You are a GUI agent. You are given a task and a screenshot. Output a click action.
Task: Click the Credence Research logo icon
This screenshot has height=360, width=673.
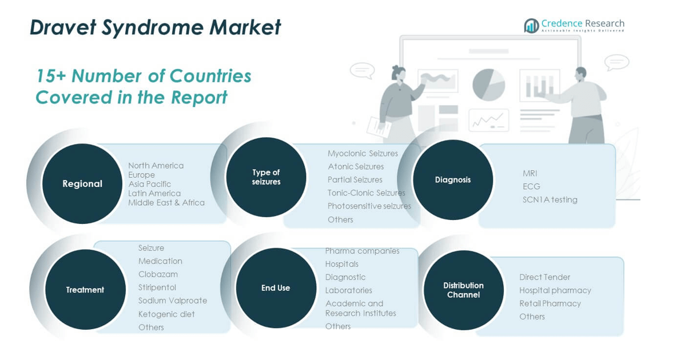531,26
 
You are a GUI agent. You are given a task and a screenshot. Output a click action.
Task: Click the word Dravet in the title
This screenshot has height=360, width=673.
63,27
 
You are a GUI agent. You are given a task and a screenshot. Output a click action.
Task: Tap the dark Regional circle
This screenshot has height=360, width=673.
82,183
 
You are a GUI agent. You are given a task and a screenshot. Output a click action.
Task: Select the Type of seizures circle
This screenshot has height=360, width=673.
266,177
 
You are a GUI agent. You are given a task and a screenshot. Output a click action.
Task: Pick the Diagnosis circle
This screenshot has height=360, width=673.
453,180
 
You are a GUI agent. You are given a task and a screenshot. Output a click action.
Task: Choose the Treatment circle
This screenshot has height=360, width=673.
85,290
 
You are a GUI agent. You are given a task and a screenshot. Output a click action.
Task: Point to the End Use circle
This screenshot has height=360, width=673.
276,288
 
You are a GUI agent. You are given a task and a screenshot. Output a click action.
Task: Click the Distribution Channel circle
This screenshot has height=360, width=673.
464,290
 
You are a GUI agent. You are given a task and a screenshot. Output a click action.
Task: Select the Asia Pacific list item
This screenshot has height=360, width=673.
149,184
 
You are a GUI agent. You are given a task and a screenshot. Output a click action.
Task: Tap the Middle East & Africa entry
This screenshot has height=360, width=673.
166,202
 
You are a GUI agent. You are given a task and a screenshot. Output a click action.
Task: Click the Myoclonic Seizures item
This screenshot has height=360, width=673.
363,154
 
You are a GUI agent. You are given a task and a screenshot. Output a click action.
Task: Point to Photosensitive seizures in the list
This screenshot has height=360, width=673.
369,206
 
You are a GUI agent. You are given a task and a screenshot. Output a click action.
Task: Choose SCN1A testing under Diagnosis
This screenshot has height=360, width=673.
550,199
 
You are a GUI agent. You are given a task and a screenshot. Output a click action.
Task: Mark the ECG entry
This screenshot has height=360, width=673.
531,187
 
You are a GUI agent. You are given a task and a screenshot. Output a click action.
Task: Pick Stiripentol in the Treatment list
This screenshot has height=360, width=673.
157,287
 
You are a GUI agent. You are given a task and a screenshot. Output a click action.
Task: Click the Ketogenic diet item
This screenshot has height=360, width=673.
166,314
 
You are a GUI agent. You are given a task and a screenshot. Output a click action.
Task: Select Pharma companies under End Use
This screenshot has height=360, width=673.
363,251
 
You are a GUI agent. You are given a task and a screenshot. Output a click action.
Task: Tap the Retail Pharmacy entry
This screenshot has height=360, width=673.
550,303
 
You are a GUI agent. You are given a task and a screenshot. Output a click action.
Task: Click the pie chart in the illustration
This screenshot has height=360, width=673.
488,85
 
